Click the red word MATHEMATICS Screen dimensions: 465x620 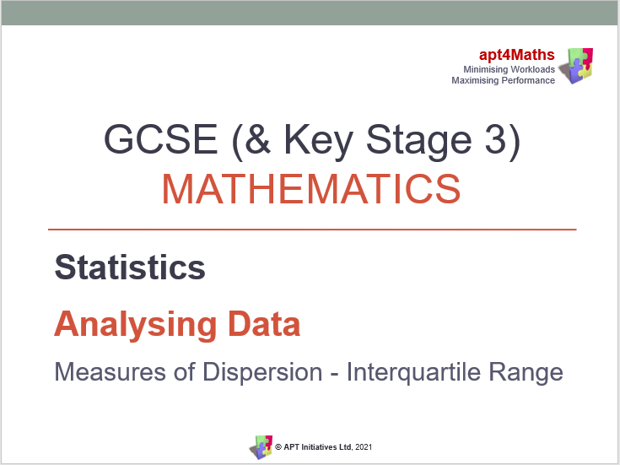tap(311, 189)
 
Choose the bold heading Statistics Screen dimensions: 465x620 tap(130, 268)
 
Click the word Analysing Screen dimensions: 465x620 tap(124, 324)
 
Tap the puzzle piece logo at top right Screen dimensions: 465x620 tap(578, 65)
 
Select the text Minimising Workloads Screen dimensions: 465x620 tap(509, 69)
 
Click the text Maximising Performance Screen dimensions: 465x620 tap(503, 80)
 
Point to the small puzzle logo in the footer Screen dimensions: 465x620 tap(260, 446)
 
